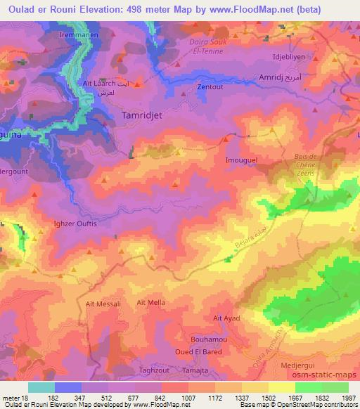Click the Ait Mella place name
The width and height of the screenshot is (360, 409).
(150, 302)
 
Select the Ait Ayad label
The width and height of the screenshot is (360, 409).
(227, 318)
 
